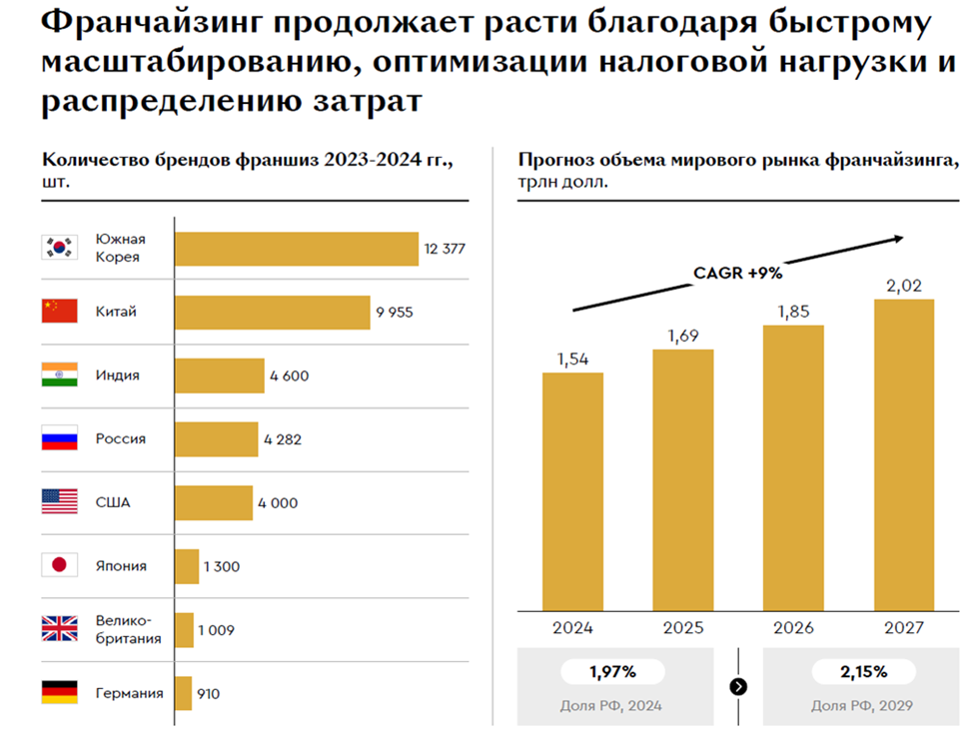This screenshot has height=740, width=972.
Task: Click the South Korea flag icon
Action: tap(59, 248)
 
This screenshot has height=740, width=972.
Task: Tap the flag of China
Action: tap(59, 312)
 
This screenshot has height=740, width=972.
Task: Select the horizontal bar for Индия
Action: tap(220, 375)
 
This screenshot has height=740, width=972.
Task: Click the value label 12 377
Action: tap(445, 249)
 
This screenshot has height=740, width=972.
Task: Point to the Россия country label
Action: tap(121, 438)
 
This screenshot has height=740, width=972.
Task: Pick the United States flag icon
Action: tap(59, 501)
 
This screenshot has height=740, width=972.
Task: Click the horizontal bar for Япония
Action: tap(187, 566)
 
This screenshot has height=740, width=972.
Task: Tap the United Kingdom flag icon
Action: tap(59, 629)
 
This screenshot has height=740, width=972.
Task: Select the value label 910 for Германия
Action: tap(208, 693)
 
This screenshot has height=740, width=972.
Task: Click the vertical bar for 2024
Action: tap(572, 490)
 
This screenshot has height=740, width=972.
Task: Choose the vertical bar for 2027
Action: tap(903, 453)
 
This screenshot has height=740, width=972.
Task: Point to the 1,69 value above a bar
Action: tap(683, 335)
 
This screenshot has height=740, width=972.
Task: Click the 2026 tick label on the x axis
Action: tap(793, 628)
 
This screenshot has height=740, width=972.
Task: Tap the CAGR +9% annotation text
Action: tap(737, 272)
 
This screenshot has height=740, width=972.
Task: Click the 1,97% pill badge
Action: tap(612, 672)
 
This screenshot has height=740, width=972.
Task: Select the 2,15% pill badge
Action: tap(863, 672)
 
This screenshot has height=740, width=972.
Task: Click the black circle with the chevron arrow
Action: tap(738, 686)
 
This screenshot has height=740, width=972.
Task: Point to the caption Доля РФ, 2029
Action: tap(862, 705)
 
